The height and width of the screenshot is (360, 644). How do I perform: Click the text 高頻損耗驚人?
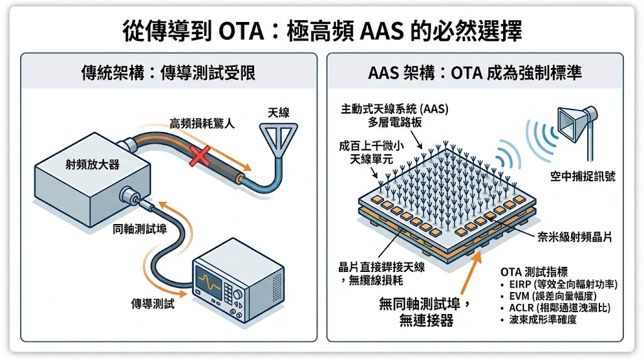pyautogui.click(x=201, y=124)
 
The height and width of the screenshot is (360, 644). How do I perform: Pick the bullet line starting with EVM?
pyautogui.click(x=549, y=296)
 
